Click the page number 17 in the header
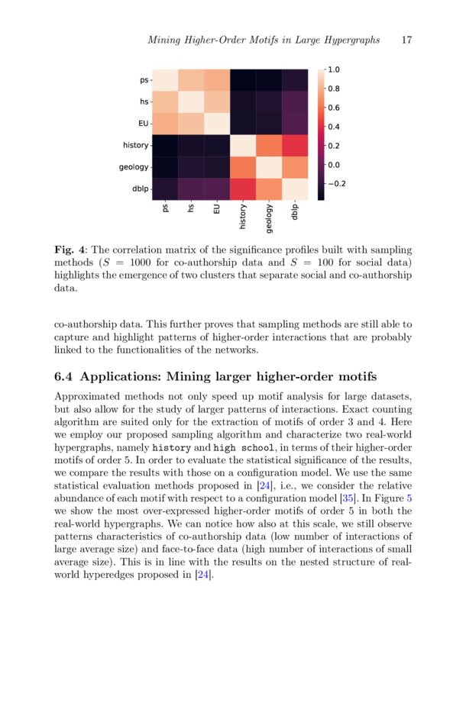pyautogui.click(x=406, y=40)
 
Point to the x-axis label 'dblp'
pyautogui.click(x=296, y=211)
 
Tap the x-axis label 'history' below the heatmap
pyautogui.click(x=243, y=217)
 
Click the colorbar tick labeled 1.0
pyautogui.click(x=334, y=69)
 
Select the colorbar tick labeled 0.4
pyautogui.click(x=334, y=127)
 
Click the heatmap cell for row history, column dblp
pyautogui.click(x=296, y=144)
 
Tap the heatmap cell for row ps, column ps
pyautogui.click(x=166, y=79)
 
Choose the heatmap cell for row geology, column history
pyautogui.click(x=243, y=166)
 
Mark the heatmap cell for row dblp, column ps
pyautogui.click(x=166, y=188)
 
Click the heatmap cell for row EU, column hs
pyautogui.click(x=192, y=123)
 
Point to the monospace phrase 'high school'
pyautogui.click(x=244, y=448)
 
